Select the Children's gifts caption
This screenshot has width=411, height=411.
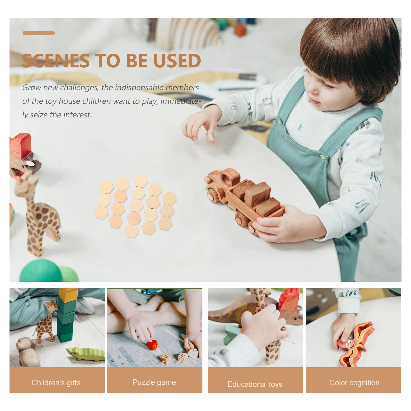pos(56,383)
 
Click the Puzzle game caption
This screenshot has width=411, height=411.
pos(154,382)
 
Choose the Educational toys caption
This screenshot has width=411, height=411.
pos(255,384)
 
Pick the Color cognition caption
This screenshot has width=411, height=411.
pos(354,383)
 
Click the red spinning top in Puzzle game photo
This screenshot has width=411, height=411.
pos(152,345)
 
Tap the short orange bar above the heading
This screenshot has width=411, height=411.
pos(39,33)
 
